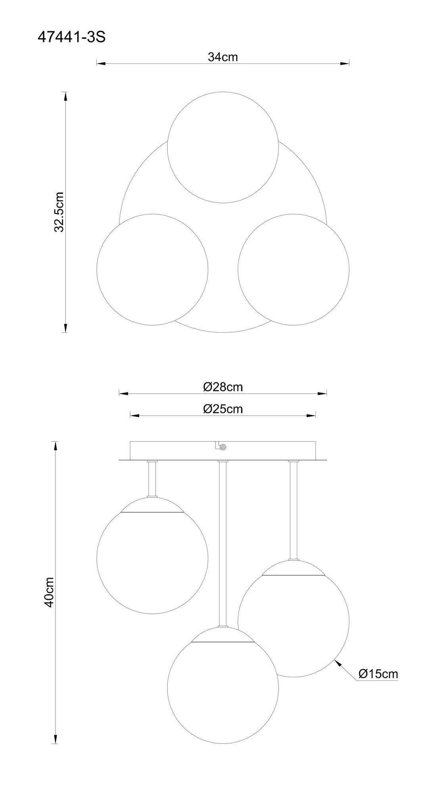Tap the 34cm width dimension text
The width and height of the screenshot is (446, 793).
tap(223, 57)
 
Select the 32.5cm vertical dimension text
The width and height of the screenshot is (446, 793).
tap(59, 212)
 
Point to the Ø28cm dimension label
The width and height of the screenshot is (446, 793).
tap(223, 387)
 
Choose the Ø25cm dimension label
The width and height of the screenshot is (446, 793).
tap(223, 409)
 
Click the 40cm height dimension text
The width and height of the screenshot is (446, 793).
tap(49, 592)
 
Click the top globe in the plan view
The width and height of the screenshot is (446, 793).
tap(223, 147)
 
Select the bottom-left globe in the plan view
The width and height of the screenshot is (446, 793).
tap(152, 269)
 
